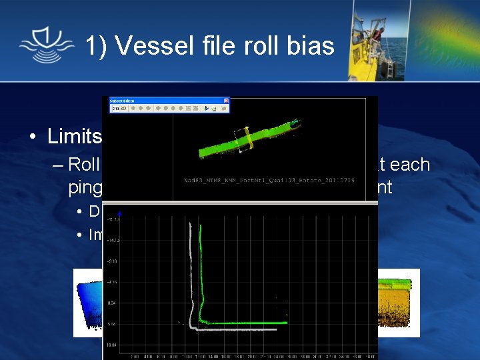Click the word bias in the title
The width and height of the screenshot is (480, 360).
point(309,45)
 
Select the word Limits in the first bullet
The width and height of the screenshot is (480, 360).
point(74,136)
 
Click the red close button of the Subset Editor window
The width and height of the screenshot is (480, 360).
point(225,100)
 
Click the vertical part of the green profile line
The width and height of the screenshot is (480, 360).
point(201,267)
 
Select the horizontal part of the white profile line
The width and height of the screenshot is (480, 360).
point(233,329)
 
